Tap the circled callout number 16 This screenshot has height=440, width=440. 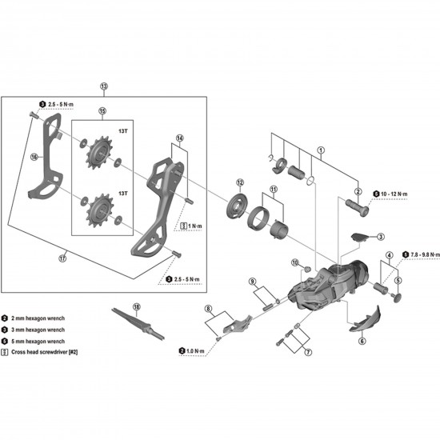click(34, 158)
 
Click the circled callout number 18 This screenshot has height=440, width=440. click(136, 306)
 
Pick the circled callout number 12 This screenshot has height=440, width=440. click(239, 183)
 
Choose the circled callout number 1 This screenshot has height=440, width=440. click(321, 149)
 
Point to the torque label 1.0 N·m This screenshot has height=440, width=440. click(195, 350)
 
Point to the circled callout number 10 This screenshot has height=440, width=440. click(295, 262)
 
